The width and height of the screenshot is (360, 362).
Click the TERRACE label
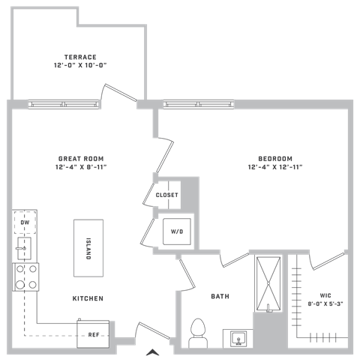coord(80,57)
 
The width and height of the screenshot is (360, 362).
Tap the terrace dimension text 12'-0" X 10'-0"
coord(80,65)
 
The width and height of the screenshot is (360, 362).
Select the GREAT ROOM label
coord(81,159)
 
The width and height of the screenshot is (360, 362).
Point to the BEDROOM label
coord(275,159)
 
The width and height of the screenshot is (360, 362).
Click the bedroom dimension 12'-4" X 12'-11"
coord(275,167)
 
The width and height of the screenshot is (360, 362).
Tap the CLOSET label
coord(167,195)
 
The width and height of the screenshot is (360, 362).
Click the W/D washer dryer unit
coord(177,232)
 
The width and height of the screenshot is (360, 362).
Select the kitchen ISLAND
coord(88,248)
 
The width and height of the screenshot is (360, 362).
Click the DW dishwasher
coord(25,223)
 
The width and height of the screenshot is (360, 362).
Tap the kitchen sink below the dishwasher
coord(25,249)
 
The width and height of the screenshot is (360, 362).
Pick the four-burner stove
coord(26,277)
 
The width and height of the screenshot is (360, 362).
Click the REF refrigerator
coord(93,334)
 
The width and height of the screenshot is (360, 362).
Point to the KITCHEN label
coord(88,298)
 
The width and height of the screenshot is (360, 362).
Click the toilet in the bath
coord(198,334)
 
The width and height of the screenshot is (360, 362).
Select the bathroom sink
coord(238,339)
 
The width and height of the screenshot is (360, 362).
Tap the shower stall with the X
coord(268,284)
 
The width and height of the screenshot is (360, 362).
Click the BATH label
coord(220,296)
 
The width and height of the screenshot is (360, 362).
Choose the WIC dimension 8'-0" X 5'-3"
coord(325,304)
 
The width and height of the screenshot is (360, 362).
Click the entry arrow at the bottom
coord(153,352)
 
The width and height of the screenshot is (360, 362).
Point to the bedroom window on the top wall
coord(199,104)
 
